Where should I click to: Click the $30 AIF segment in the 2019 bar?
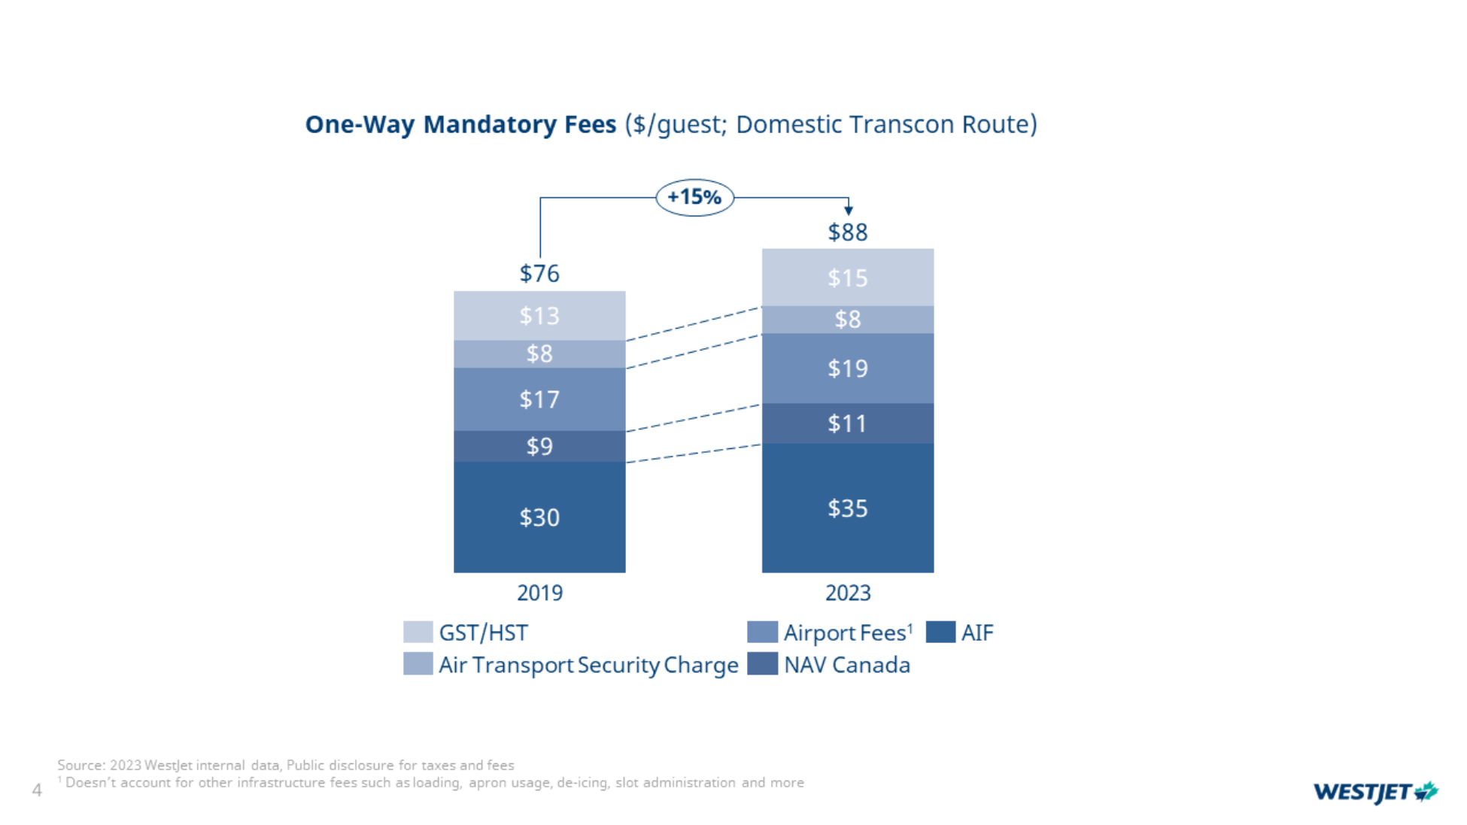point(539,517)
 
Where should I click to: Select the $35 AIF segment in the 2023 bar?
point(847,508)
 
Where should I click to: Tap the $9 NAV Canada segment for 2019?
point(539,446)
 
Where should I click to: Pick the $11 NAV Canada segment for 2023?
point(847,423)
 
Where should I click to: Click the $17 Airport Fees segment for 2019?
point(539,399)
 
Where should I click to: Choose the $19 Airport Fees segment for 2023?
point(847,369)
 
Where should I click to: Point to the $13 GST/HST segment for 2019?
point(539,315)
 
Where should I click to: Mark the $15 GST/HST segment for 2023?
point(847,278)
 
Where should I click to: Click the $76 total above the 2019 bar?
point(539,273)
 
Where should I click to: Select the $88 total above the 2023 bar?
point(847,232)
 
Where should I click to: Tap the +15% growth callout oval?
point(694,197)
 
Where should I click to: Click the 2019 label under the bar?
point(539,593)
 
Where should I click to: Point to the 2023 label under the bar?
point(847,593)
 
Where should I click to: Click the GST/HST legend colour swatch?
point(418,632)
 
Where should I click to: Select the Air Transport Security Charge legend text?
point(588,665)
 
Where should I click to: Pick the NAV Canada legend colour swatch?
point(762,664)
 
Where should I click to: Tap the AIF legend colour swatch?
point(940,632)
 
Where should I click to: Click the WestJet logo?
point(1375,792)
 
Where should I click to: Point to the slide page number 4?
point(36,790)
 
